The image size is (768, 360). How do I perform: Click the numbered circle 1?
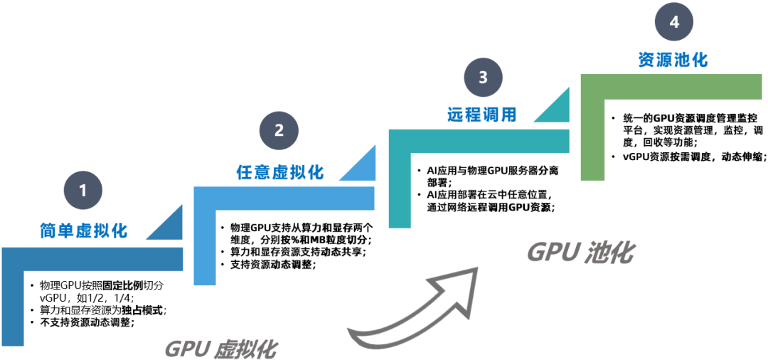point(84,191)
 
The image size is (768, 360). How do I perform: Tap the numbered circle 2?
point(279,130)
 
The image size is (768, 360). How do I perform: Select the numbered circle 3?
point(484,78)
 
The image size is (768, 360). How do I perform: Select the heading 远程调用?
point(482,115)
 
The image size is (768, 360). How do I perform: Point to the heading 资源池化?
point(673,60)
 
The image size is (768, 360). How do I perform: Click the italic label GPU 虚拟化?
point(220,349)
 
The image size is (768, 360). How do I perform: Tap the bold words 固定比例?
point(124,285)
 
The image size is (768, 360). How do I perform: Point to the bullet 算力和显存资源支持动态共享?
point(298,253)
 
